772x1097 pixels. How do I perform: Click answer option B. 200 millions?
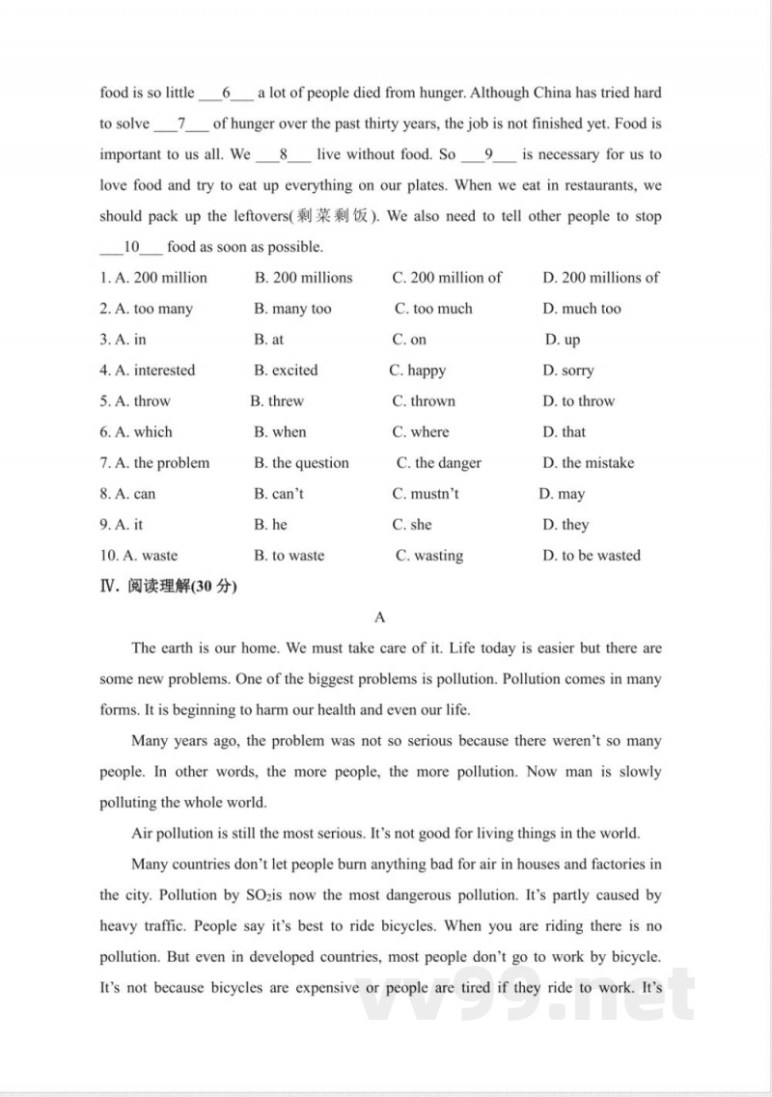(303, 278)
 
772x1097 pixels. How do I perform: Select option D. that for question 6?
(564, 432)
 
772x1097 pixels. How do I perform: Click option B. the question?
(301, 463)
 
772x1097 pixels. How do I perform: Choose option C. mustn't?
(426, 494)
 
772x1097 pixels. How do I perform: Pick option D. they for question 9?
(565, 525)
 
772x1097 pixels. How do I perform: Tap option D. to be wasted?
(591, 556)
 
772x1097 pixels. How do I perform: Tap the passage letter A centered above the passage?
(379, 617)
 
